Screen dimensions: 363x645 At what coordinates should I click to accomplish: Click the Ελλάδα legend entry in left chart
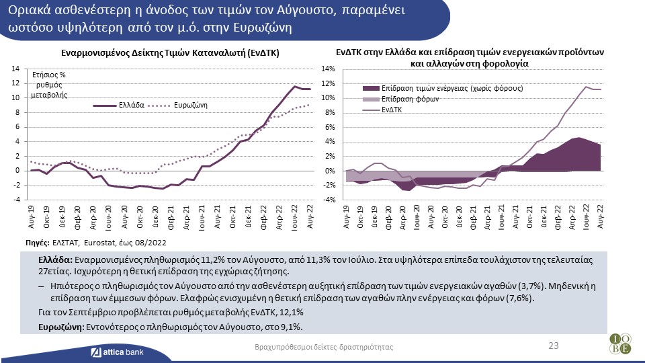click(x=132, y=106)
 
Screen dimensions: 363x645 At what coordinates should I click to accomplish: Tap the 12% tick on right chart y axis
click(x=328, y=83)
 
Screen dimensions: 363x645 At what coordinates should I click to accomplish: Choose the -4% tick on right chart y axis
click(x=327, y=200)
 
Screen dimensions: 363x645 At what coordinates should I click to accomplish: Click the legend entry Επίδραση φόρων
click(x=410, y=99)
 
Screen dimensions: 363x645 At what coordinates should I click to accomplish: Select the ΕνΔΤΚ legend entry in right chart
click(x=392, y=109)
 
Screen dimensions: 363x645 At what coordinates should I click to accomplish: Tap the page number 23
click(x=554, y=346)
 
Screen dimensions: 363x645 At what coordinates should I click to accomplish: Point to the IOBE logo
click(x=620, y=344)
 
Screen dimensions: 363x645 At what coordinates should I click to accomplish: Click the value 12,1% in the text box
click(x=292, y=313)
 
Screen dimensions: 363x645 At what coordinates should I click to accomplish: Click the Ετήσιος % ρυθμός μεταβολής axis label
click(x=53, y=85)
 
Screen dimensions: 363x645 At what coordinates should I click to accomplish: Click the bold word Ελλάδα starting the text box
click(x=56, y=259)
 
